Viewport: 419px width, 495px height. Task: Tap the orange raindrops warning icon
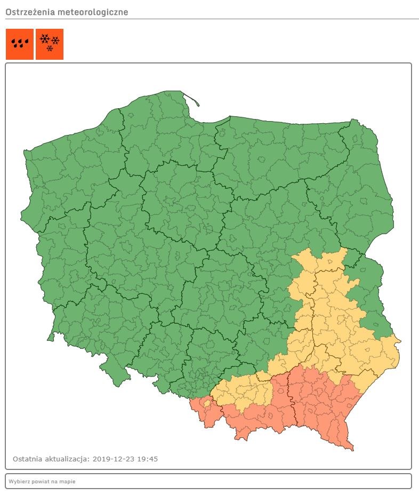point(20,44)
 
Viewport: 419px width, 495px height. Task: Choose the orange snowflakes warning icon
point(50,44)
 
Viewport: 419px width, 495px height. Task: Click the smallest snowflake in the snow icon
point(50,49)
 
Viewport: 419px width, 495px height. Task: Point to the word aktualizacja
point(68,459)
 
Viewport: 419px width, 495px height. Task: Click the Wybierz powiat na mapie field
point(208,481)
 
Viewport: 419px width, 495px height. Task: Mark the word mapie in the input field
point(68,482)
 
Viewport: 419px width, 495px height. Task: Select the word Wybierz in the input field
point(17,482)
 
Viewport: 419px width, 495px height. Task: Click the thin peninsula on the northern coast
point(190,100)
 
